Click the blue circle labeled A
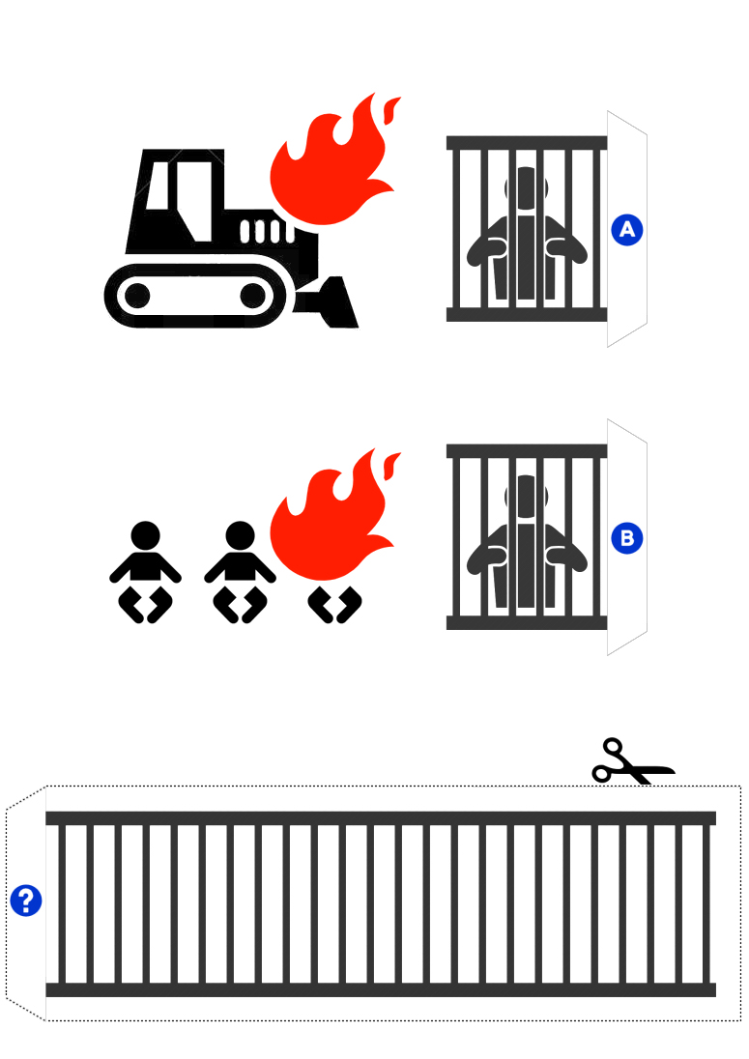pos(627,230)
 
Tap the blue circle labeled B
pos(627,538)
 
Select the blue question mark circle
pos(26,901)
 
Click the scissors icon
pos(632,761)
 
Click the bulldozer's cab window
pos(158,186)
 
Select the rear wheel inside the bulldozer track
pos(137,296)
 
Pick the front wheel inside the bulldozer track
pos(253,296)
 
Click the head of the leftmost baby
pos(145,535)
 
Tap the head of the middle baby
pos(240,535)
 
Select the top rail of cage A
pos(527,142)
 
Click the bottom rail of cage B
pos(527,622)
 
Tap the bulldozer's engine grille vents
pos(268,231)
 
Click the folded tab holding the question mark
pos(26,903)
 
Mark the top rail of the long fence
pos(381,818)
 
